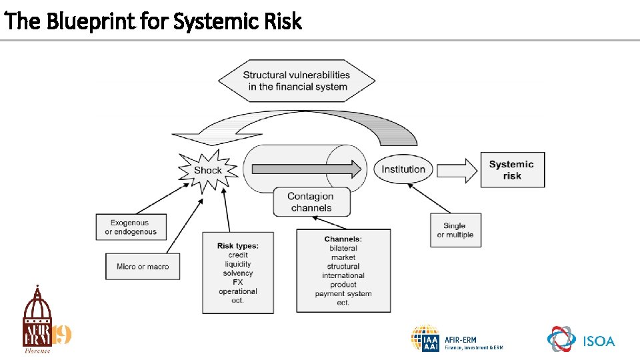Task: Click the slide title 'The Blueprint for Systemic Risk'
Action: (x=153, y=21)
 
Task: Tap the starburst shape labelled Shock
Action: (x=207, y=171)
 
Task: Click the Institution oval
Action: (x=403, y=169)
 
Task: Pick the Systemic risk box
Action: (x=511, y=169)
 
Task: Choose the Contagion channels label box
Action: (x=310, y=202)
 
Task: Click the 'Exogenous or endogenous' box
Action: (x=131, y=227)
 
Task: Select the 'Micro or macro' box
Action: (x=143, y=267)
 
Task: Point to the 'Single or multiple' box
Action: (x=455, y=230)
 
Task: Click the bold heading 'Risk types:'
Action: (x=238, y=246)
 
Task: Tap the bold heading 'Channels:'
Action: (x=343, y=239)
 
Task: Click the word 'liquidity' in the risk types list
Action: (x=238, y=264)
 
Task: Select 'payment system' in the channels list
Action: (x=343, y=293)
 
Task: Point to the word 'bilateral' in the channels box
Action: (x=343, y=248)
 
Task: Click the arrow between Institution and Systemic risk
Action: (x=457, y=169)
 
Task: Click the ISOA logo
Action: (x=581, y=340)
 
